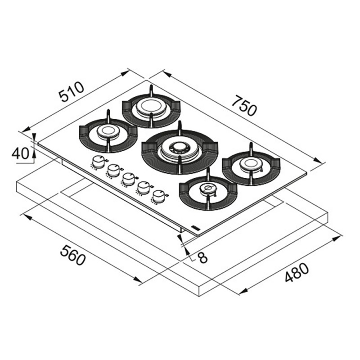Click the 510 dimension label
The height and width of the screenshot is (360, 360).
[72, 92]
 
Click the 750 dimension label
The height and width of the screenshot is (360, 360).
[244, 106]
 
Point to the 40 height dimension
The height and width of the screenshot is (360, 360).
[20, 153]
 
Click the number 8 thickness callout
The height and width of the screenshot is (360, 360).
[203, 257]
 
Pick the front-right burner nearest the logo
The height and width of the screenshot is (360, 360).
[208, 189]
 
